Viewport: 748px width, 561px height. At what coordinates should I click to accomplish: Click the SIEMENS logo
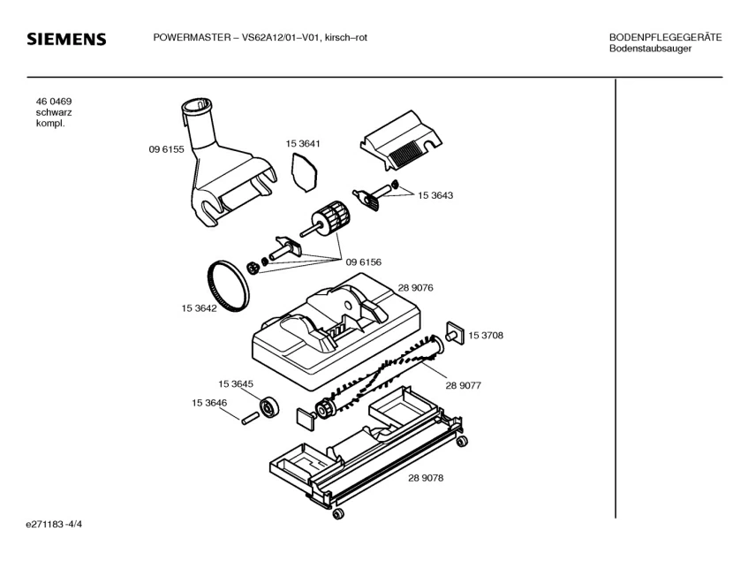(66, 40)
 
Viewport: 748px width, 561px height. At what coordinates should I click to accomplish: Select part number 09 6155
(166, 150)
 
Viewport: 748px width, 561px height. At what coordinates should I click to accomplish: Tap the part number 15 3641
(302, 143)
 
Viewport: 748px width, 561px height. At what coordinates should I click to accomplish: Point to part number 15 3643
(435, 195)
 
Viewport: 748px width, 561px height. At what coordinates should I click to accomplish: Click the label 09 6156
(363, 262)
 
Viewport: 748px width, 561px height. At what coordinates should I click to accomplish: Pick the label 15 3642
(200, 308)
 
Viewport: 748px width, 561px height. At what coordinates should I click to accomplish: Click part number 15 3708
(486, 335)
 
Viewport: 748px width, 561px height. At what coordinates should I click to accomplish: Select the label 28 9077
(463, 385)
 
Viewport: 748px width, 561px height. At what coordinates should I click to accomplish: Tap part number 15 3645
(236, 383)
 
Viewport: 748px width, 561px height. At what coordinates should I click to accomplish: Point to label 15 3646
(209, 403)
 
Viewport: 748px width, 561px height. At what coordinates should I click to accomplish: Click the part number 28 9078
(426, 478)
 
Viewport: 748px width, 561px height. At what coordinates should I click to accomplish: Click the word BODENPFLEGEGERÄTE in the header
(665, 37)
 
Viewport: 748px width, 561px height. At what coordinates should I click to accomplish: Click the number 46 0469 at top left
(54, 102)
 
